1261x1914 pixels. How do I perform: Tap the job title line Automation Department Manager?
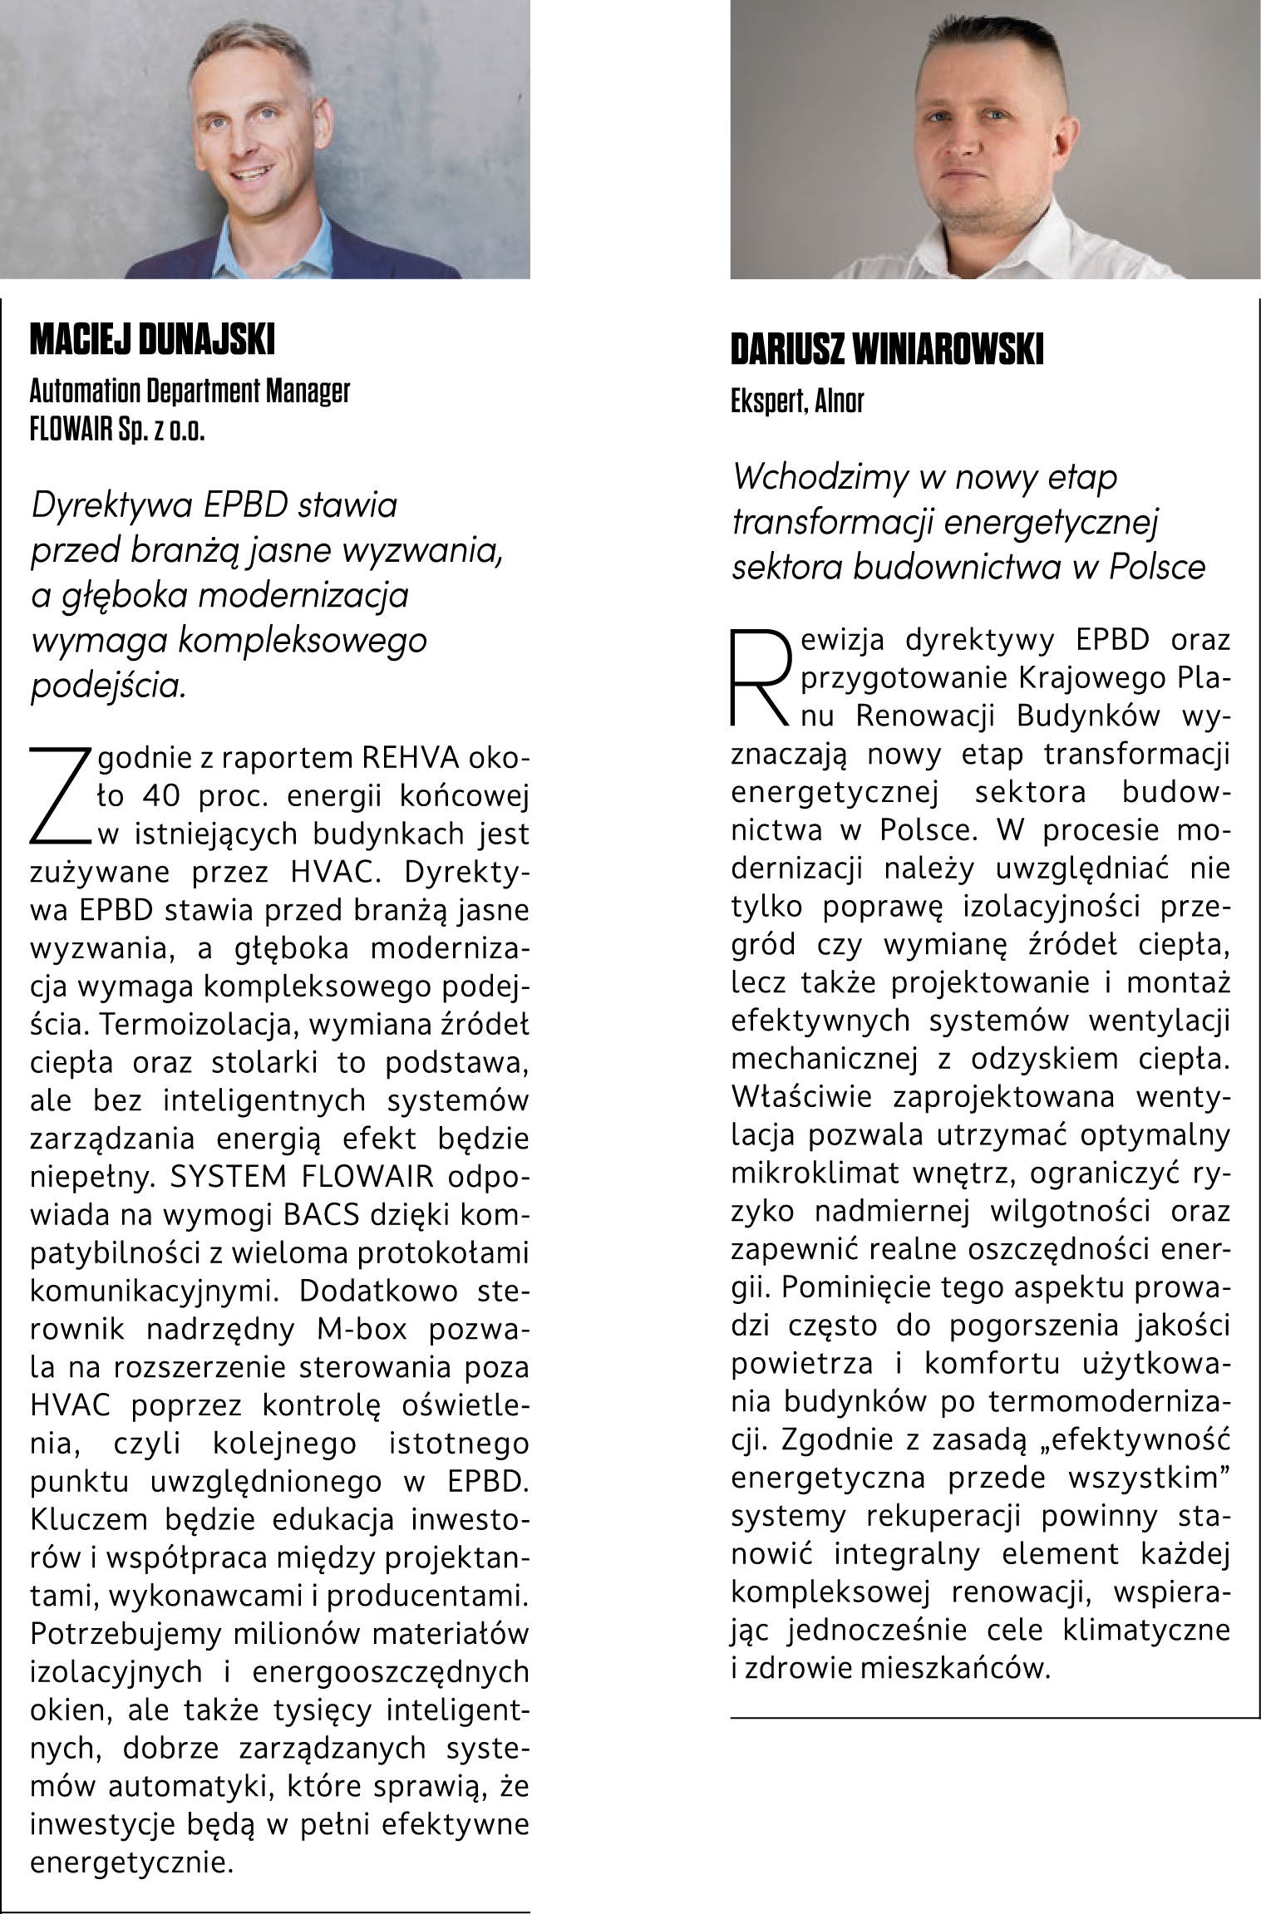click(190, 391)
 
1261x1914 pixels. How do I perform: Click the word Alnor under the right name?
click(840, 401)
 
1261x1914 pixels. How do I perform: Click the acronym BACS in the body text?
click(321, 1214)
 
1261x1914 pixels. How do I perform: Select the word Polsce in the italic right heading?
click(1157, 567)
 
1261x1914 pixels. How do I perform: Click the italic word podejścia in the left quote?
click(108, 686)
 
